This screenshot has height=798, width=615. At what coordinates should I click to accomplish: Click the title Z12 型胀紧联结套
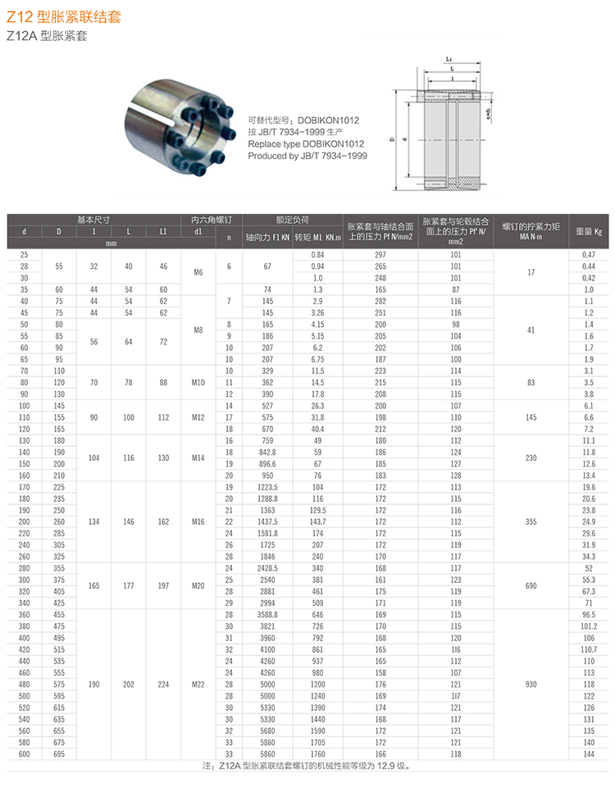64,16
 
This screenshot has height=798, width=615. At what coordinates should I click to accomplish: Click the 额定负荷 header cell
292,220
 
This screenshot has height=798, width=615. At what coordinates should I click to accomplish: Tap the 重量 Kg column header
588,231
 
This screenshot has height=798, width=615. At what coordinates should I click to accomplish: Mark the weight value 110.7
588,649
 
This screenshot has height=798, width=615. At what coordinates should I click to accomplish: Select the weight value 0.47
588,254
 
